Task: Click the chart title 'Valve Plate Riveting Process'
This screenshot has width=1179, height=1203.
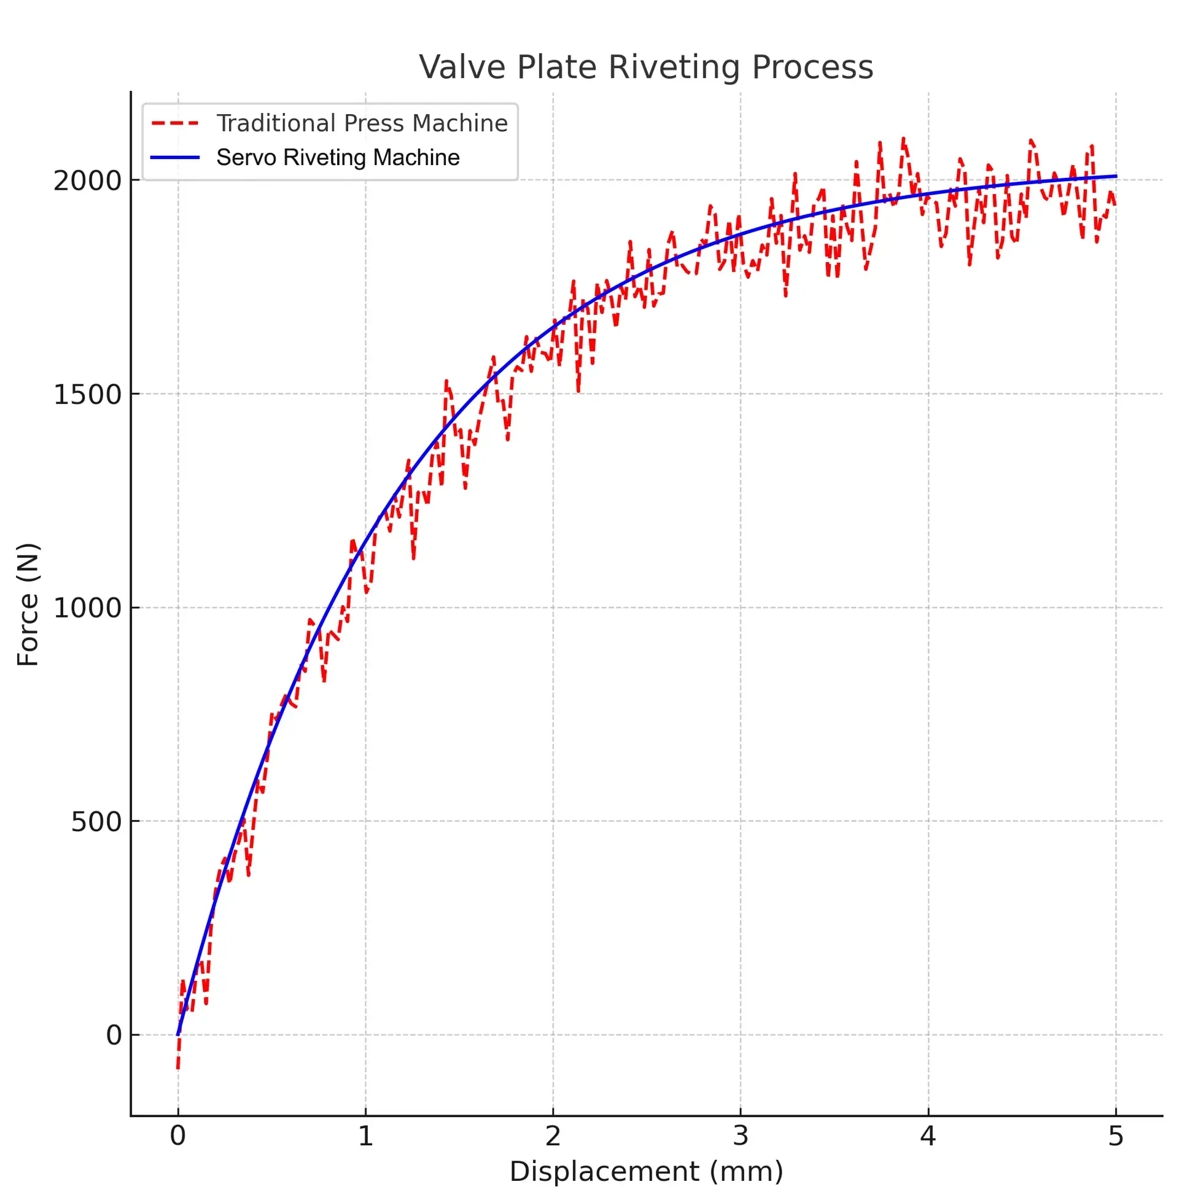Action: click(x=646, y=67)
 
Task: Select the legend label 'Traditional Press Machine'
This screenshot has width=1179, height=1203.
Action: click(x=362, y=123)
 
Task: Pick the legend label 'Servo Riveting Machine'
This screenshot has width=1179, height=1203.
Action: click(x=338, y=158)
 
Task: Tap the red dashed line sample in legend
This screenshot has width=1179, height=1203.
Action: click(x=175, y=123)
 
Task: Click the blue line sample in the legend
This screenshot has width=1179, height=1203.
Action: click(x=175, y=158)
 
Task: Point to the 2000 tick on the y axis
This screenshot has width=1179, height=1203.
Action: click(x=87, y=180)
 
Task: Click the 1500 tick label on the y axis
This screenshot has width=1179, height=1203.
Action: click(x=87, y=394)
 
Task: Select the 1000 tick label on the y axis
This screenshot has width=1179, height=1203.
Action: click(x=87, y=608)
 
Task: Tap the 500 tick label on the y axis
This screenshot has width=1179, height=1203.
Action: click(x=96, y=822)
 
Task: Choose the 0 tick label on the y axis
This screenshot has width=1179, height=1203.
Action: click(x=114, y=1035)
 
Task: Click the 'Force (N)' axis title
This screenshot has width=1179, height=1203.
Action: click(x=28, y=605)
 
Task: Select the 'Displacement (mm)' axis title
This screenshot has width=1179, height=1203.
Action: click(x=646, y=1172)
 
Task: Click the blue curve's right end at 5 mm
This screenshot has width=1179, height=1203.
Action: click(x=1115, y=176)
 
